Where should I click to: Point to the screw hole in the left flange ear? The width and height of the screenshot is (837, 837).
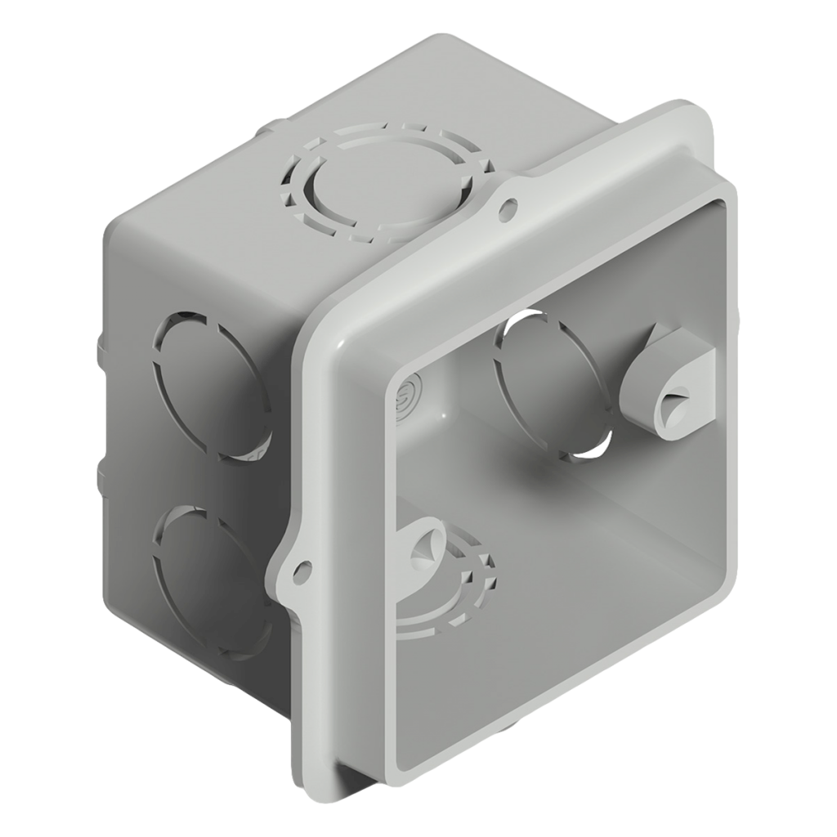click(x=302, y=565)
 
